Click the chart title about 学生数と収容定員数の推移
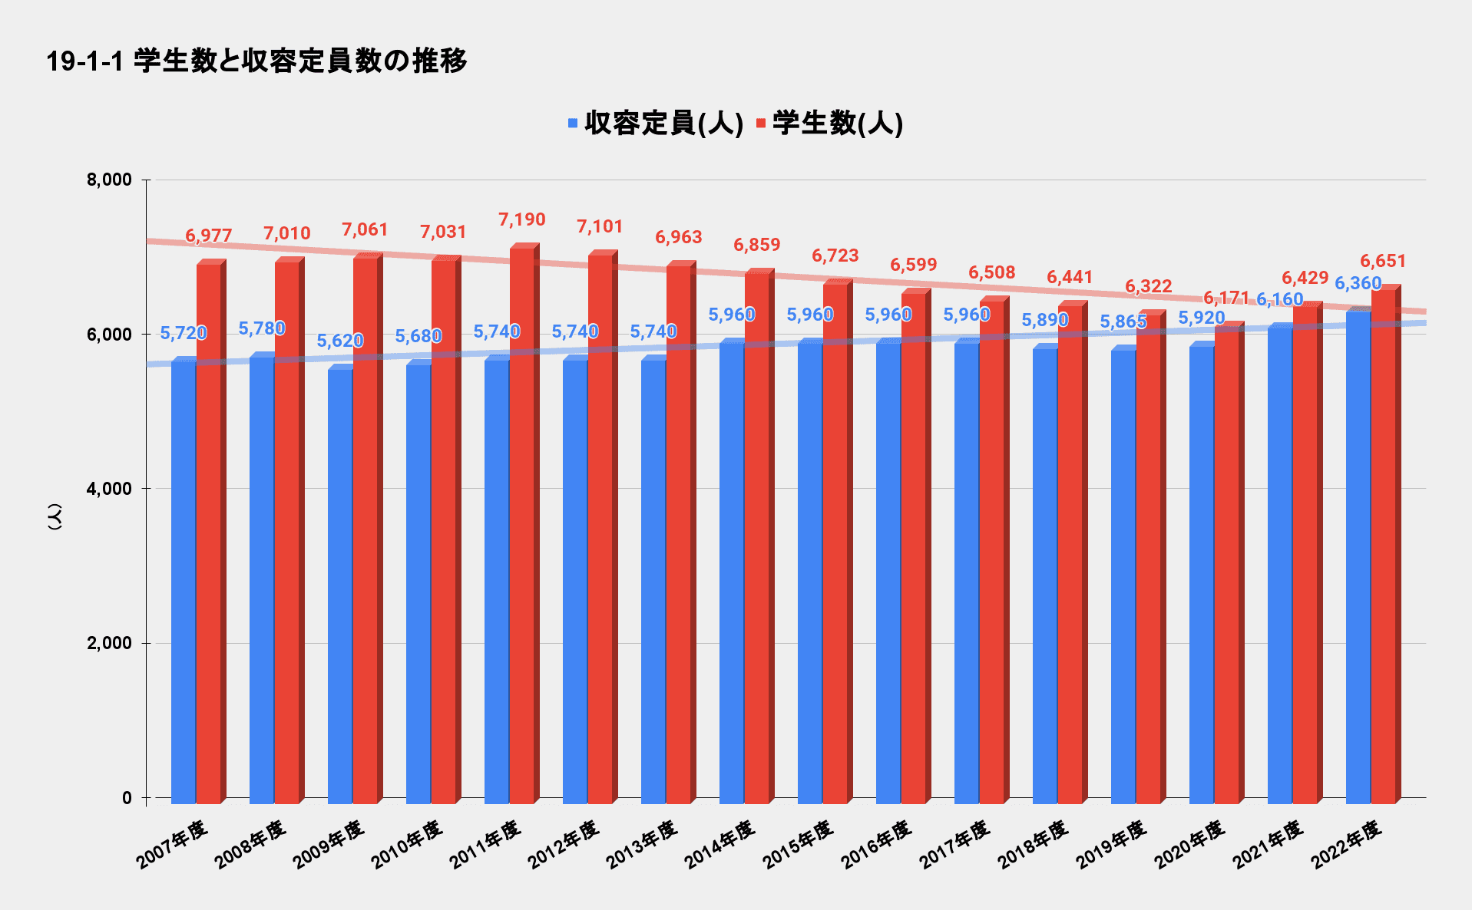pos(256,61)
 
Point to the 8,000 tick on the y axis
pos(110,180)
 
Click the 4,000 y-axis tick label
pos(110,489)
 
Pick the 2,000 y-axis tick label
pos(110,643)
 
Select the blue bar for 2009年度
pos(340,583)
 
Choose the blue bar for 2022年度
pos(1358,552)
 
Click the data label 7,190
pos(522,220)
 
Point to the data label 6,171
pos(1226,298)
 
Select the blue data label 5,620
pos(340,341)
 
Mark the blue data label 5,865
pos(1123,321)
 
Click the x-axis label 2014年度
pos(719,845)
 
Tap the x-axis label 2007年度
pos(172,845)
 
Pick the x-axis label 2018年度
pos(1033,845)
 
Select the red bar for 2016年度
pos(914,545)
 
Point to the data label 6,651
pos(1383,262)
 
